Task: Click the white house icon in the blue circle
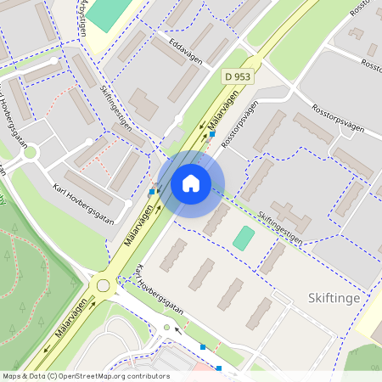[191, 183]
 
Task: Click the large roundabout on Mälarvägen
[103, 285]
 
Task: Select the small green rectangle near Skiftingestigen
[244, 238]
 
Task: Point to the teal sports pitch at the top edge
[106, 13]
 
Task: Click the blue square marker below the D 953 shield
[212, 134]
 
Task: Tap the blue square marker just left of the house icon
[151, 193]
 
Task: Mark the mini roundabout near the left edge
[31, 154]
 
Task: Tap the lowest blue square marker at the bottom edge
[219, 368]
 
